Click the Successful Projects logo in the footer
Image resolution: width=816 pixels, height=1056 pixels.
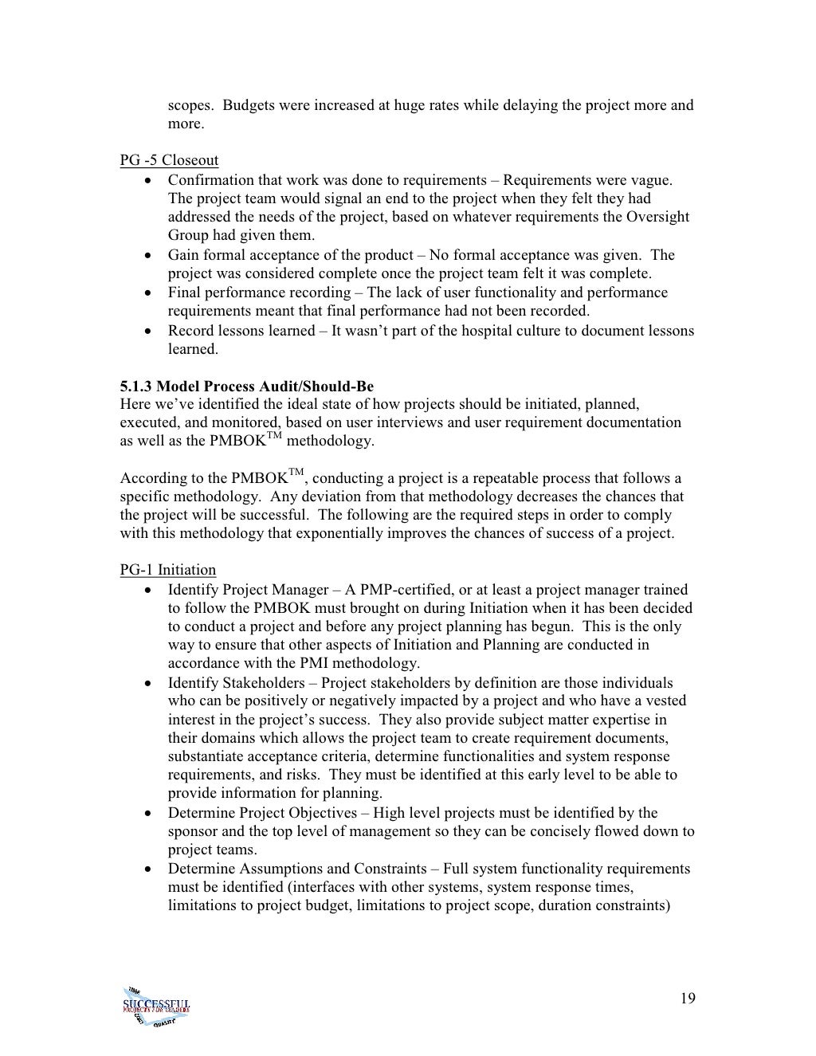(x=156, y=1004)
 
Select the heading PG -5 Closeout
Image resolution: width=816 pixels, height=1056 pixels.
(x=169, y=160)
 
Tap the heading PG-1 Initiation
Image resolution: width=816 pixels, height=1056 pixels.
(x=167, y=570)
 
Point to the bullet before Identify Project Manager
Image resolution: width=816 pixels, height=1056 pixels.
(x=149, y=591)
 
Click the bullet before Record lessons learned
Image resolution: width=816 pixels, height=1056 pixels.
(x=149, y=331)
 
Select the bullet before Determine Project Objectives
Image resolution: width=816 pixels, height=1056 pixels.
(x=149, y=814)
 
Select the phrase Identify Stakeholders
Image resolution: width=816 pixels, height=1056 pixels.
(x=236, y=683)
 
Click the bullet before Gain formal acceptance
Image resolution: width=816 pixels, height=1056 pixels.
(x=149, y=256)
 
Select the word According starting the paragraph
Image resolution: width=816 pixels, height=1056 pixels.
(x=148, y=479)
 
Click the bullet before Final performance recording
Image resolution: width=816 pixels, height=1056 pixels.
(x=149, y=293)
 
